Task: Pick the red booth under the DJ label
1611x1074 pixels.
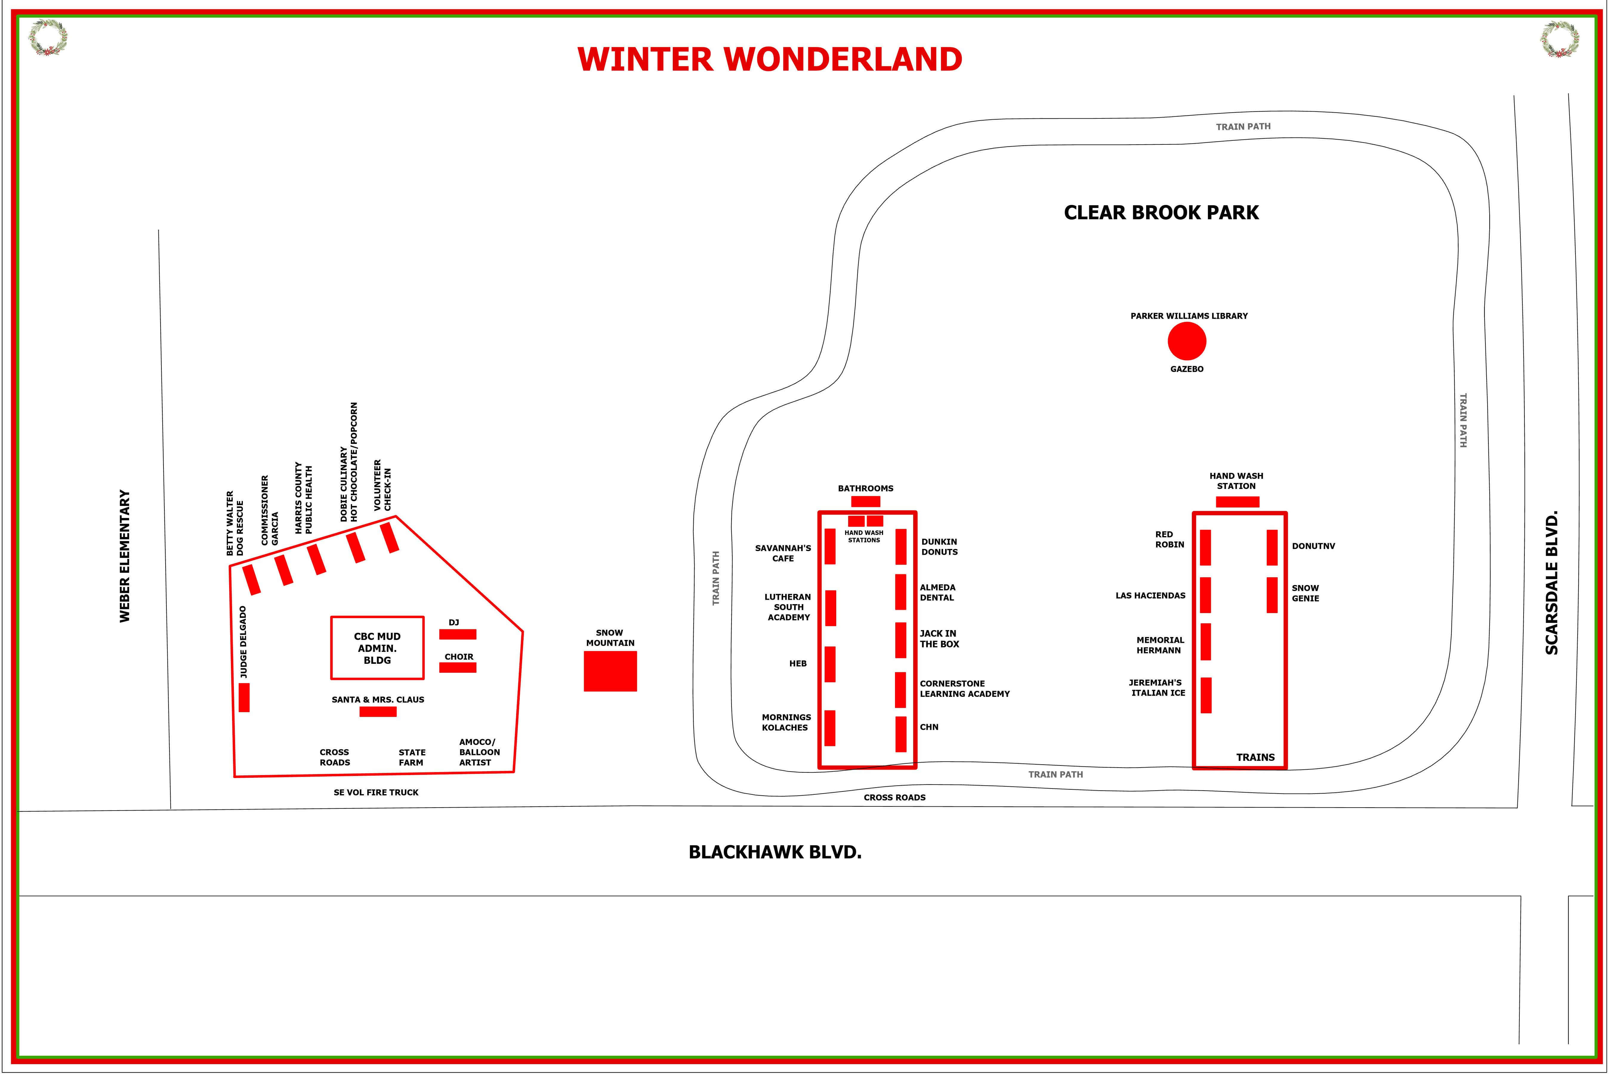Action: pos(458,634)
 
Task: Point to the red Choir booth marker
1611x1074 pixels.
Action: pos(458,667)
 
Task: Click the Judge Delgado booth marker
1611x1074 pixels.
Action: pos(244,697)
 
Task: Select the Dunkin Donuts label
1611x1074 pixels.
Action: pos(939,547)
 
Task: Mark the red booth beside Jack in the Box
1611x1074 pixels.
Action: pos(901,640)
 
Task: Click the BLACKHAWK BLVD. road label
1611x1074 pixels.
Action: pos(775,852)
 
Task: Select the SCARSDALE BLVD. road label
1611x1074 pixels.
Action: pos(1551,582)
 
